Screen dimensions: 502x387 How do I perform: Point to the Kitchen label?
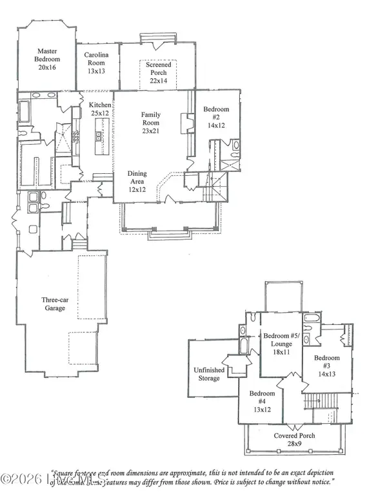click(100, 105)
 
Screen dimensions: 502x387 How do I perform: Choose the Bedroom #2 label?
click(216, 114)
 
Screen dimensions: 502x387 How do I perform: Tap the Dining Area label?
click(136, 178)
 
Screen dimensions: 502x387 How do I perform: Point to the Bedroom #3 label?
click(327, 362)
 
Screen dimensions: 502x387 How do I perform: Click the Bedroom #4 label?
click(262, 397)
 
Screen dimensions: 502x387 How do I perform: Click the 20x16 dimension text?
click(47, 67)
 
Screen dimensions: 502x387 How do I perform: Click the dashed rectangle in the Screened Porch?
click(159, 74)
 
